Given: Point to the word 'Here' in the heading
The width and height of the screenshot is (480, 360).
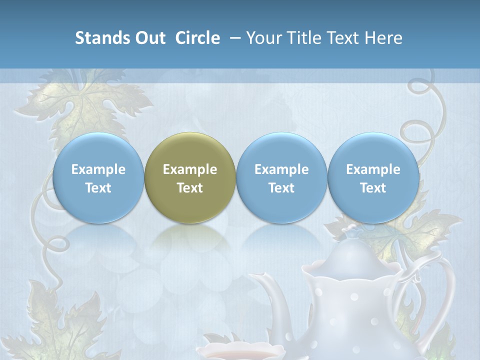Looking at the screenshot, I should (384, 38).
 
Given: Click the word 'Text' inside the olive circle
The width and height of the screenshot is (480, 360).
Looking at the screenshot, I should (189, 188).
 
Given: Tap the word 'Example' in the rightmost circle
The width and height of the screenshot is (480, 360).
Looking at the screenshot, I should (373, 169).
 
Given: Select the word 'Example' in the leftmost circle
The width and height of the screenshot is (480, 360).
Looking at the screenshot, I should (98, 169).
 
